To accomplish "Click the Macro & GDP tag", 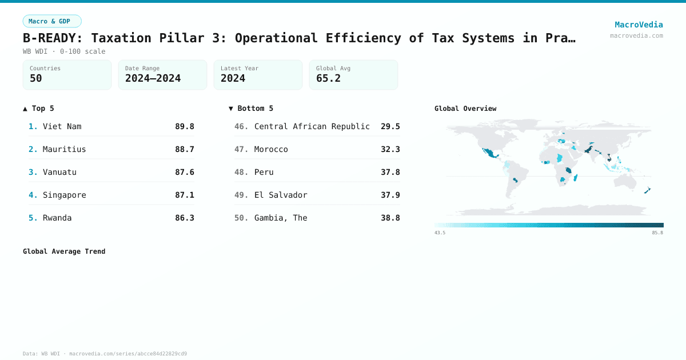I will coord(52,21).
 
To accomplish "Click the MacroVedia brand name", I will coord(639,25).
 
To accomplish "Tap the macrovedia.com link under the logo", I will coord(636,35).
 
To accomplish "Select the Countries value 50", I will coord(36,78).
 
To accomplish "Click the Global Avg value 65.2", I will coord(328,78).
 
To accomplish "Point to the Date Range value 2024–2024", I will coord(153,78).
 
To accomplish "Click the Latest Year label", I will coord(240,68).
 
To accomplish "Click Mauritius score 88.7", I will coord(185,149).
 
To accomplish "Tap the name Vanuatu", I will coord(59,172).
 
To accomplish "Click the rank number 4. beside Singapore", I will coord(33,195).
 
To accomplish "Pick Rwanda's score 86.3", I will coord(185,218).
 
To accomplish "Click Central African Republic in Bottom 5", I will coord(312,126).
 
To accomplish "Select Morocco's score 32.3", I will coord(390,149).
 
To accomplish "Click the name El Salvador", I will coord(281,195).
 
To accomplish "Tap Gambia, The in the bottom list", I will coord(281,218).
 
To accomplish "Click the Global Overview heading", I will coord(465,109).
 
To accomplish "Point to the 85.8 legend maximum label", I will coord(657,233).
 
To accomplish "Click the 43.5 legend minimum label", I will coord(440,233).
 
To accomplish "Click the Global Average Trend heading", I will coord(64,251).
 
